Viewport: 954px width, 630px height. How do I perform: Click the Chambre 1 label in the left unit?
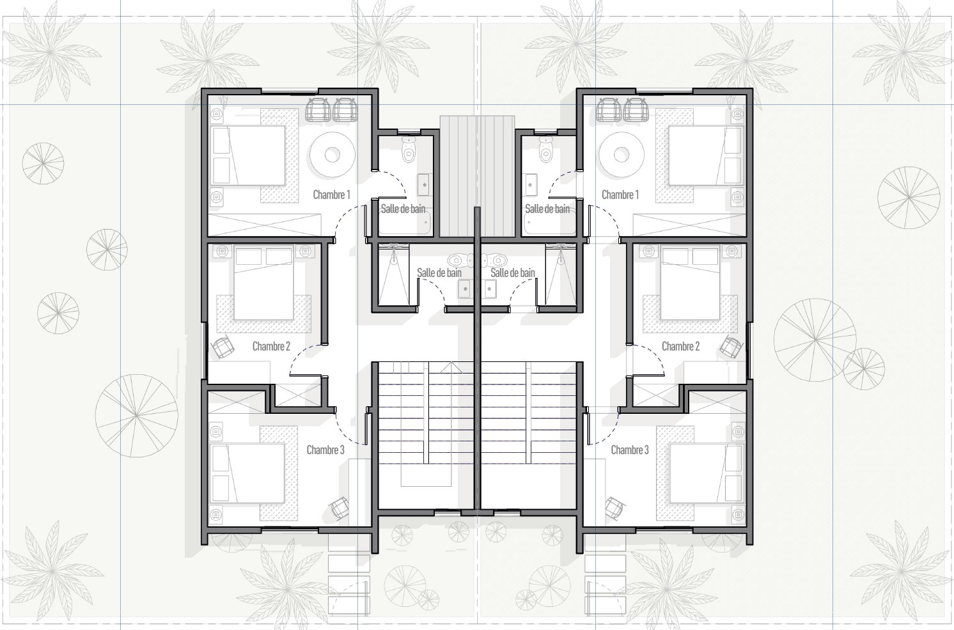point(331,194)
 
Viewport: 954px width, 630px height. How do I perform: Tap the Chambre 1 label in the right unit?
point(620,194)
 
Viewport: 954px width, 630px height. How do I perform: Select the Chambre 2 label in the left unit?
point(271,346)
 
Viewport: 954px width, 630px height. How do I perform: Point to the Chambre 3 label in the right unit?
point(629,450)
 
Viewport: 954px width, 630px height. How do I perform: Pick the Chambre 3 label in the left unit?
point(325,450)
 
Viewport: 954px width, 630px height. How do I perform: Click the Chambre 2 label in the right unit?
point(680,346)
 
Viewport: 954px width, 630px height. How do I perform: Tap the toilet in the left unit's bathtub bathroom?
point(409,149)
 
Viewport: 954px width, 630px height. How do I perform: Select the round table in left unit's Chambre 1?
point(332,155)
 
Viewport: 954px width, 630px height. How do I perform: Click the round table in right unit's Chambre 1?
point(622,155)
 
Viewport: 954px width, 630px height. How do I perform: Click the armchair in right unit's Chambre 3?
point(614,508)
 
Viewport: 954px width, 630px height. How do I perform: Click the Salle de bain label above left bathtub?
point(403,209)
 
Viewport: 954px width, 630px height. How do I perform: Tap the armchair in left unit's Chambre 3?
point(340,508)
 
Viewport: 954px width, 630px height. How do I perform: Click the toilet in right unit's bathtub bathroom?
point(545,149)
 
